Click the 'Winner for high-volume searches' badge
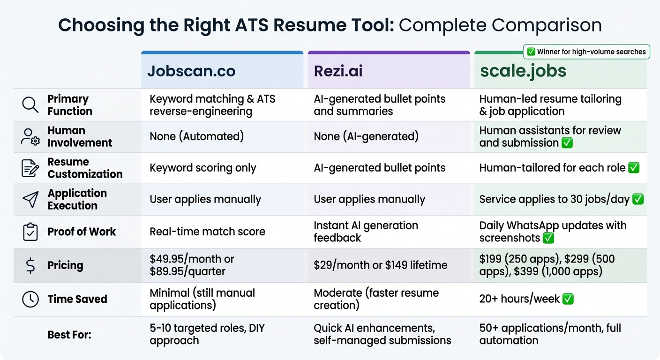click(x=586, y=52)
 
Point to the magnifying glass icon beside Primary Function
click(x=30, y=105)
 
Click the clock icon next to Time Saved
click(x=30, y=299)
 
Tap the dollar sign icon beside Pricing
click(x=30, y=265)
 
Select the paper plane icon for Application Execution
click(x=30, y=199)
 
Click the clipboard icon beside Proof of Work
click(x=30, y=232)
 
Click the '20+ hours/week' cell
click(x=519, y=299)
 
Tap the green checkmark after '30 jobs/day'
click(x=637, y=199)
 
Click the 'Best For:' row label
click(x=69, y=335)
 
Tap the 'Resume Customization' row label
click(x=85, y=168)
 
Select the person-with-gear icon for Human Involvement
click(x=30, y=136)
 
